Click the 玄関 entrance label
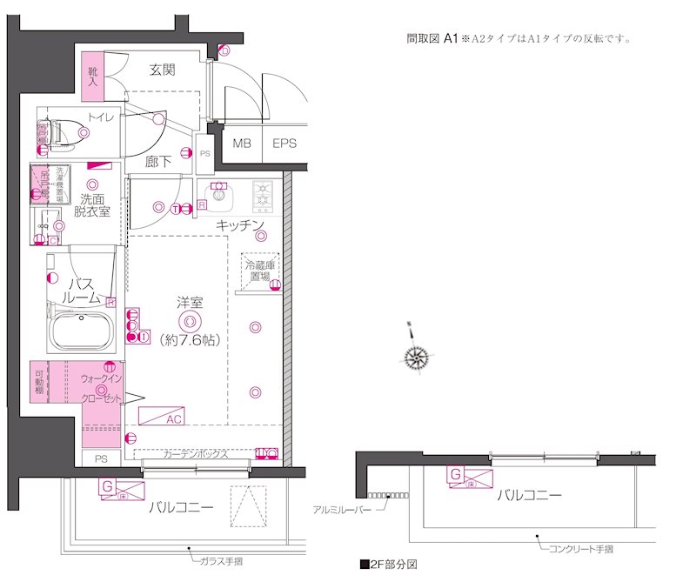pos(163,70)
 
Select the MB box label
pos(241,144)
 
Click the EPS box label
pos(284,144)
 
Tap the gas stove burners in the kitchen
pos(264,197)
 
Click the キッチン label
pos(240,225)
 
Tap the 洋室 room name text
pos(190,303)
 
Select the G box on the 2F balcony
pos(455,474)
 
